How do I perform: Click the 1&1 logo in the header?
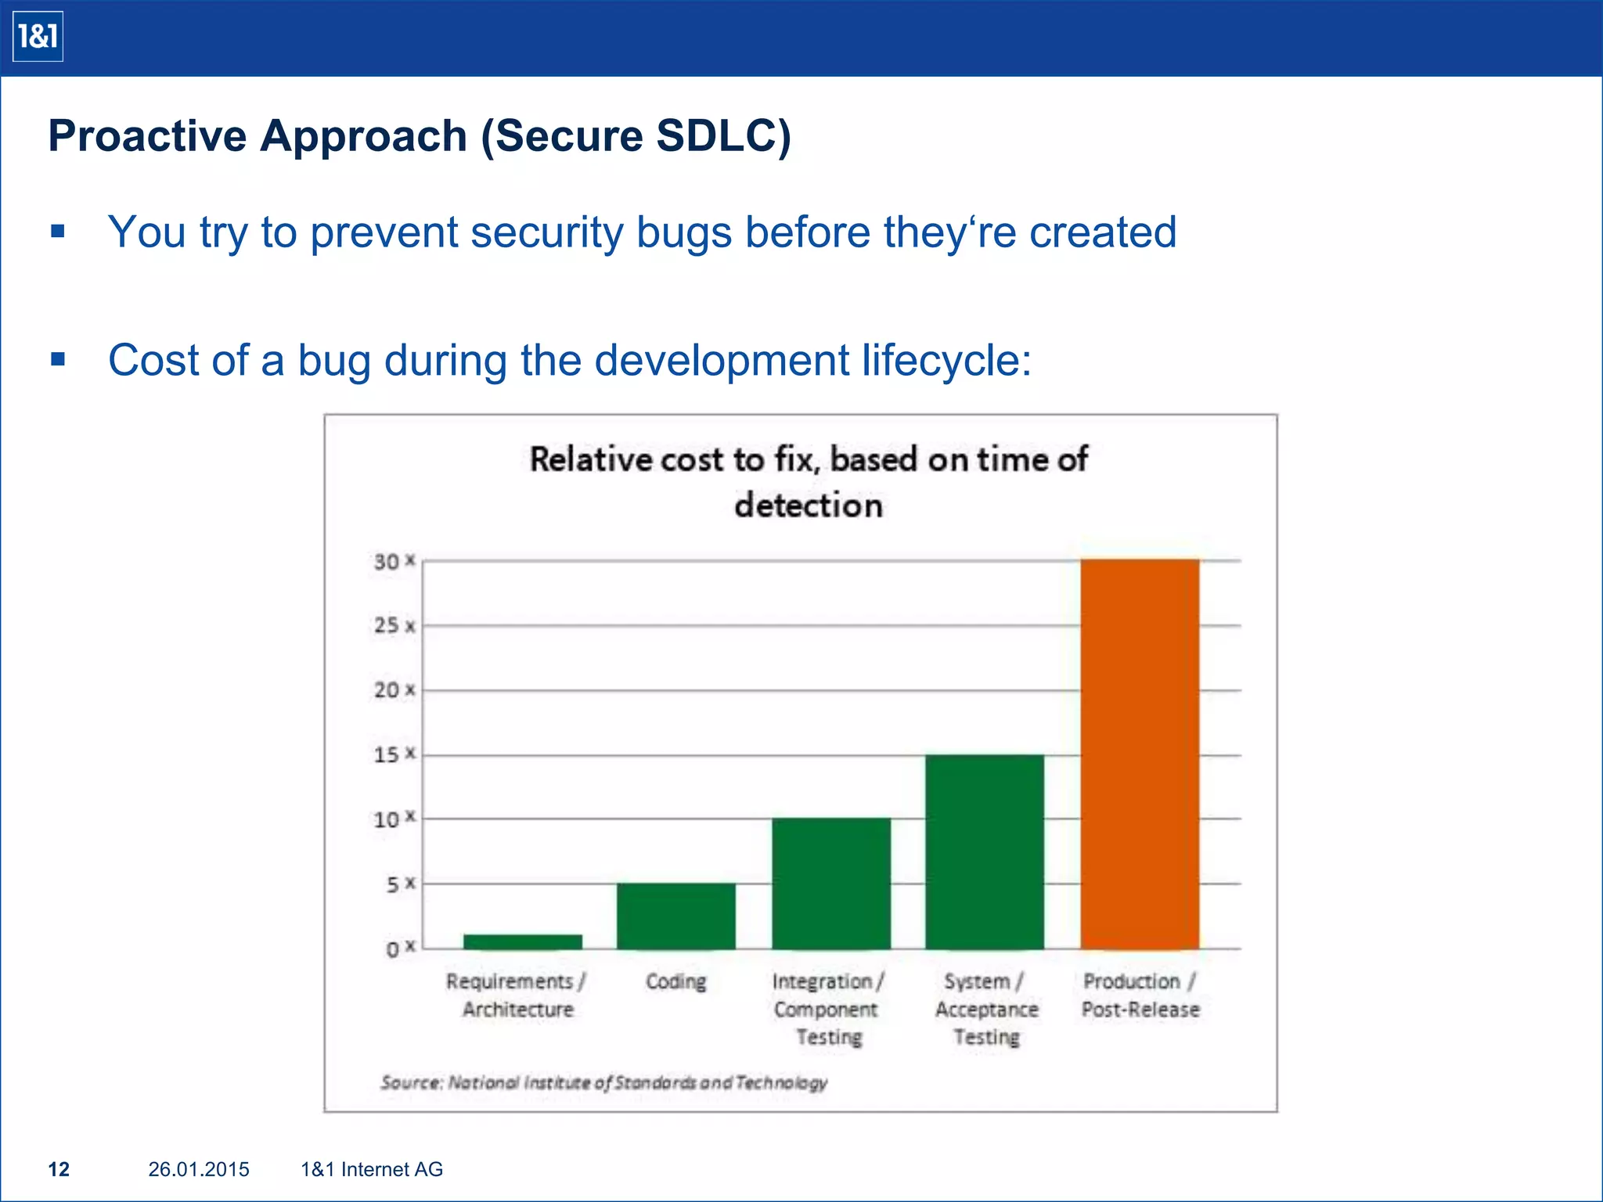[x=38, y=37]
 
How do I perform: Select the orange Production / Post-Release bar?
[x=1140, y=754]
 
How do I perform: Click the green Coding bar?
[x=675, y=916]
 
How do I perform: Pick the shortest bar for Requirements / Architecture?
[x=522, y=941]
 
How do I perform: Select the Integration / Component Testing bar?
[x=830, y=884]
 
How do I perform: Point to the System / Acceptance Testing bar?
[x=984, y=851]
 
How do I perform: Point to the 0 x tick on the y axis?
[x=399, y=949]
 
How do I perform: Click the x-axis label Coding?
[x=675, y=981]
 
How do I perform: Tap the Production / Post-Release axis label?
[x=1140, y=995]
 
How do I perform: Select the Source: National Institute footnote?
[x=603, y=1082]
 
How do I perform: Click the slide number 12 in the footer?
[x=59, y=1169]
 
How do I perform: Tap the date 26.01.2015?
[x=199, y=1169]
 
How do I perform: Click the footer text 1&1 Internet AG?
[x=372, y=1169]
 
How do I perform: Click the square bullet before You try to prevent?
[x=57, y=232]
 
